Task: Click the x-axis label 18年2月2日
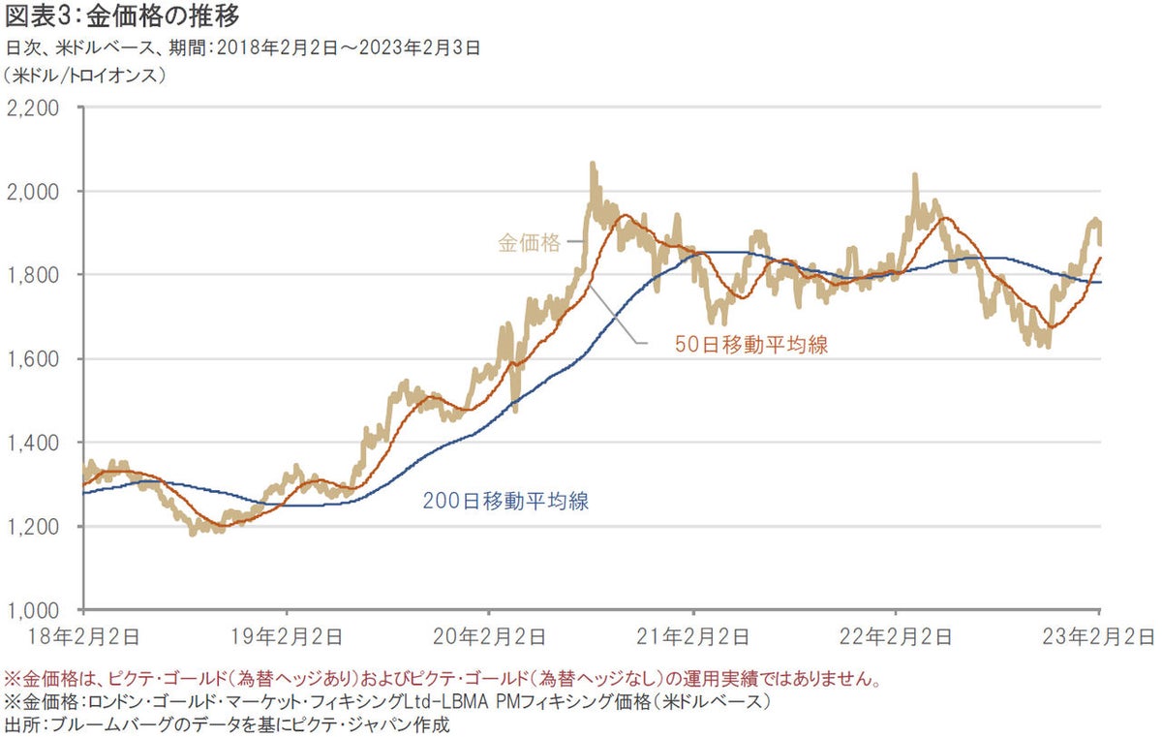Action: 84,636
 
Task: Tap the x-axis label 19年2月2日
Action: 288,636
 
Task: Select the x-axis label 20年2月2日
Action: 490,636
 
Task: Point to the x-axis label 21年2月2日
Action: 693,636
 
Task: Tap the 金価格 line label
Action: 530,244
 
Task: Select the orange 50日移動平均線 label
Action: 751,345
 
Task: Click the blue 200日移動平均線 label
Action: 506,502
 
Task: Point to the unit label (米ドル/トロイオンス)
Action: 84,74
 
